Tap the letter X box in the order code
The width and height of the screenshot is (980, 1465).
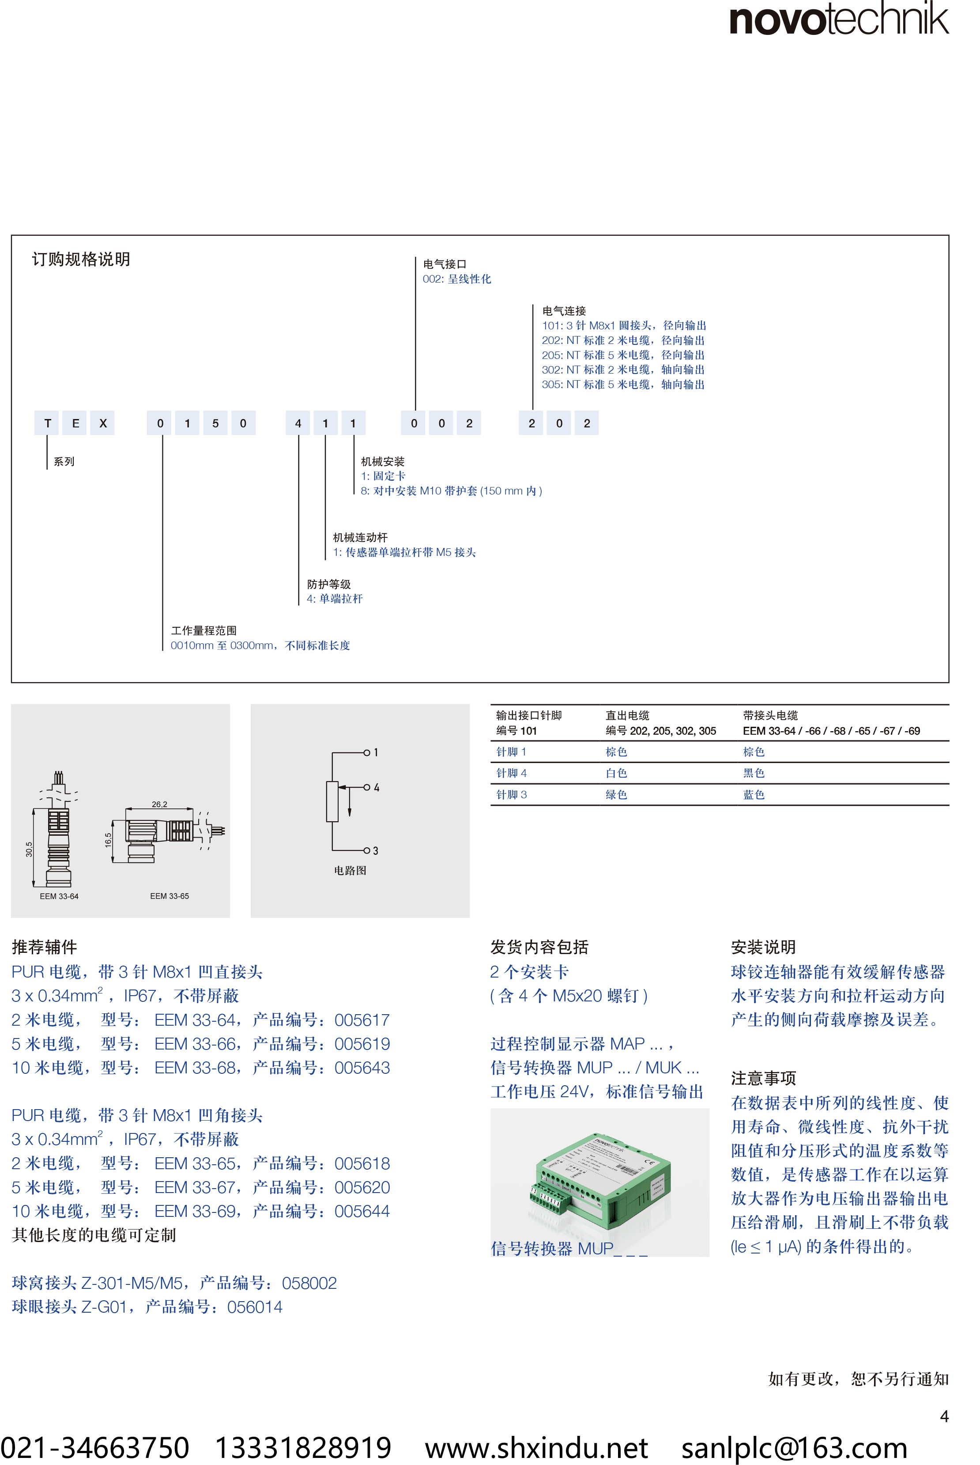click(x=103, y=423)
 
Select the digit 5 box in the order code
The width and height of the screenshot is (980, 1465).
click(x=215, y=423)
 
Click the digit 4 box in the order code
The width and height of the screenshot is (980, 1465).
click(x=298, y=423)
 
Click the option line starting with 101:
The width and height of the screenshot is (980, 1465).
click(x=624, y=325)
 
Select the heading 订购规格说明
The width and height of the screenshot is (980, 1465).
click(x=81, y=259)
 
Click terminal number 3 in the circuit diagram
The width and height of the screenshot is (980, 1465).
click(x=376, y=851)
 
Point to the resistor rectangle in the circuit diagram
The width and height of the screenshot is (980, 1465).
click(x=332, y=801)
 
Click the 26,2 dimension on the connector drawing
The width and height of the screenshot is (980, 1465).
click(x=159, y=804)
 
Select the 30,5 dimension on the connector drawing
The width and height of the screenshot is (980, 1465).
click(x=29, y=850)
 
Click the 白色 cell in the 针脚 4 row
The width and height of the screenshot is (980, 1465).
click(x=616, y=773)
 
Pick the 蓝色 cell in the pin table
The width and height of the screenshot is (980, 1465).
click(x=754, y=794)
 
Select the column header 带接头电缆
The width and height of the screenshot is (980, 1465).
click(x=770, y=715)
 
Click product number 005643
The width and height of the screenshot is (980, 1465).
click(x=362, y=1068)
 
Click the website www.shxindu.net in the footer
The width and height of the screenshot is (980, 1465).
click(x=536, y=1447)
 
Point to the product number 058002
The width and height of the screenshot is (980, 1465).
click(x=309, y=1283)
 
